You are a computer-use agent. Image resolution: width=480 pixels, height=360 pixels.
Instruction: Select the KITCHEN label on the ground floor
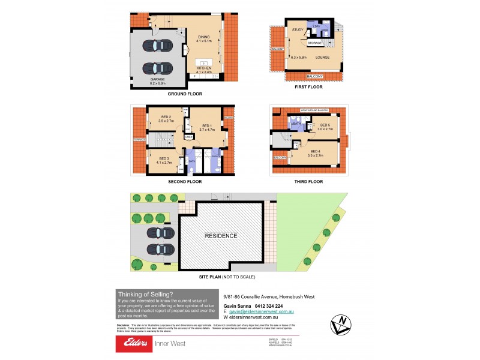[x=205, y=68]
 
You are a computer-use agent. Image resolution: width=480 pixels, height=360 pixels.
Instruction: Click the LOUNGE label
[x=323, y=57]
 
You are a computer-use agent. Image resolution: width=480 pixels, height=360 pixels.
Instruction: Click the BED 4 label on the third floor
[x=315, y=151]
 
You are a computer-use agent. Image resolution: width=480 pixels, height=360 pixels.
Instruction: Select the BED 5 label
[x=325, y=124]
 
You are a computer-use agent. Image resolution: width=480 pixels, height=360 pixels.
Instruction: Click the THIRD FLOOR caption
[x=308, y=181]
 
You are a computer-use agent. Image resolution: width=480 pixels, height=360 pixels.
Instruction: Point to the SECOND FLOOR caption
[x=185, y=181]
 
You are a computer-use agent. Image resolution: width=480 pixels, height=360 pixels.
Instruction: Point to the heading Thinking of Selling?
[x=145, y=294]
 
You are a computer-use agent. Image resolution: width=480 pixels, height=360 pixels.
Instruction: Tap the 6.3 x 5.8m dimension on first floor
[x=299, y=57]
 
